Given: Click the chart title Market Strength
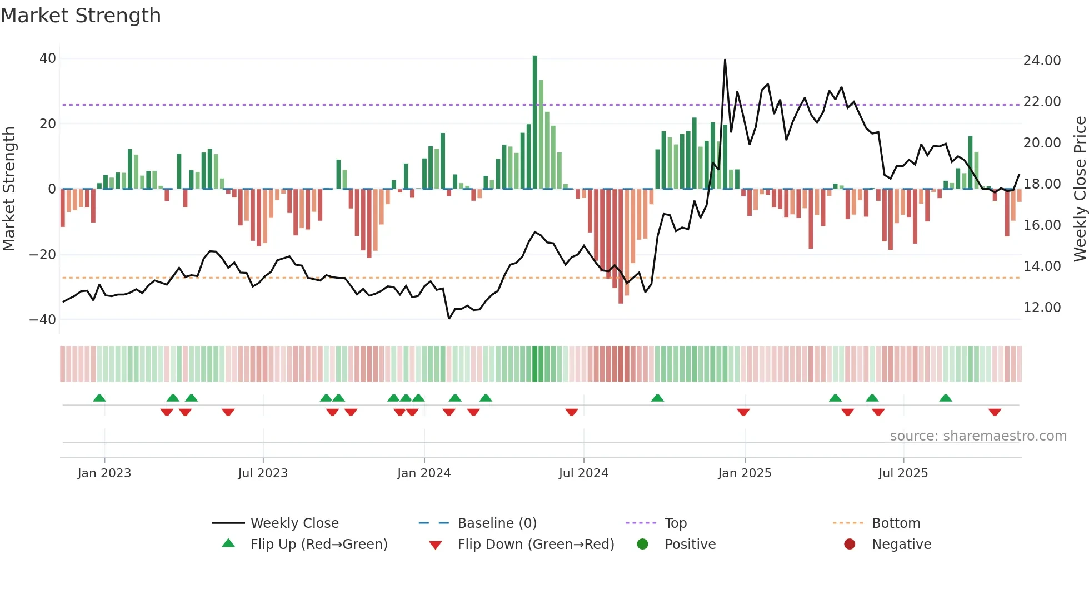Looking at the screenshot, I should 81,16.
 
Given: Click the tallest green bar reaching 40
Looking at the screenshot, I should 534,122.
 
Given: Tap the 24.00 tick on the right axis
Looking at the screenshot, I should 1042,60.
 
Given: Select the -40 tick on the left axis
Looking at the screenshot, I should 43,320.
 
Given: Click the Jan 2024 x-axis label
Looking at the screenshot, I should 424,473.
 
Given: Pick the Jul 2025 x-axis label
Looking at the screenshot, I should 903,473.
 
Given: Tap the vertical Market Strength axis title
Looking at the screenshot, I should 9,189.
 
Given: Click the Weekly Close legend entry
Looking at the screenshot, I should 294,523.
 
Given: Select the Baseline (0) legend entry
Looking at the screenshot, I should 497,523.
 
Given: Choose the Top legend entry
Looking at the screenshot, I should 675,523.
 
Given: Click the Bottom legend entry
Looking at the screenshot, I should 896,523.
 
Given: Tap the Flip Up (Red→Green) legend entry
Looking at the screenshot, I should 318,545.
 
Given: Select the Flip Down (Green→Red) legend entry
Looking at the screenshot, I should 536,545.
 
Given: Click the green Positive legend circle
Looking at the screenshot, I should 643,545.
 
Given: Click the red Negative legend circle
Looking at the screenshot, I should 850,545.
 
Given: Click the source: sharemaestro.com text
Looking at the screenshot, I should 978,436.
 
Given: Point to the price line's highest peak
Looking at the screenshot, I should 725,60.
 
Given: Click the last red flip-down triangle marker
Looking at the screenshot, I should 995,412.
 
